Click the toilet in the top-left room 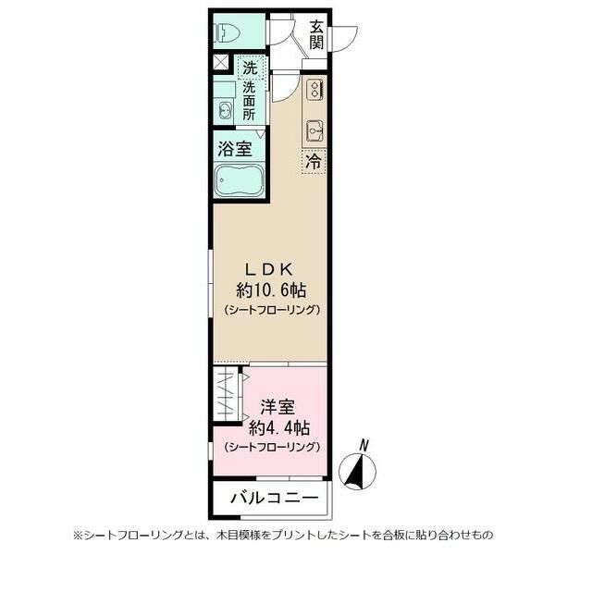228,34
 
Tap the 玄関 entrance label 317,34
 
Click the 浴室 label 234,148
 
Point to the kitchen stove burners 314,90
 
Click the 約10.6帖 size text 271,290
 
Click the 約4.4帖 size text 278,427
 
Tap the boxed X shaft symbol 221,64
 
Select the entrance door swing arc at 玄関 344,37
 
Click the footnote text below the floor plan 296,535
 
